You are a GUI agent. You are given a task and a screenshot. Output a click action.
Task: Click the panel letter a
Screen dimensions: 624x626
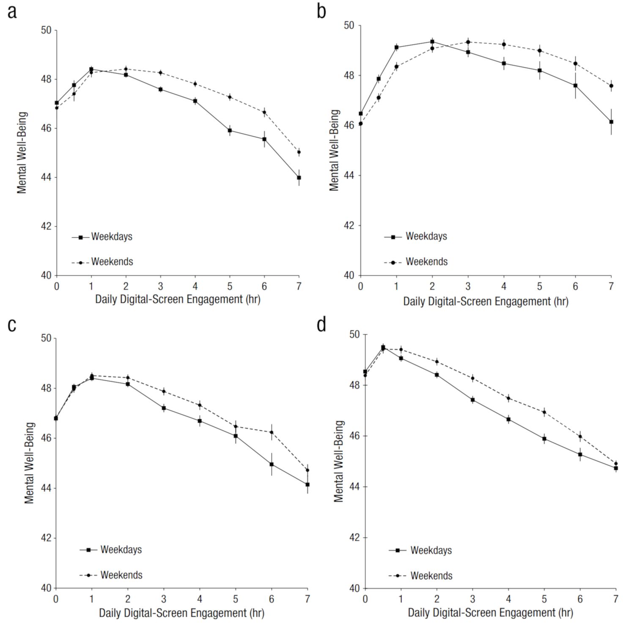click(x=12, y=12)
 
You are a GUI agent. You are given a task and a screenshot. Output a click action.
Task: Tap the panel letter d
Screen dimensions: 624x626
click(x=322, y=325)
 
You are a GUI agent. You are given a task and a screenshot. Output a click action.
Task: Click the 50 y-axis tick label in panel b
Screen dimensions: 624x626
click(x=350, y=26)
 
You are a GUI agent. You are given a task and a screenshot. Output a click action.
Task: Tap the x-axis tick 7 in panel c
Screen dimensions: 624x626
click(x=308, y=599)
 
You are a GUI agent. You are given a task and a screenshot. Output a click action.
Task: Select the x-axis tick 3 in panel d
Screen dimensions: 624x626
click(x=472, y=599)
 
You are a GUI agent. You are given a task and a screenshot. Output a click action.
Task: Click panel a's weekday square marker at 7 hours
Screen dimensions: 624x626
click(x=299, y=178)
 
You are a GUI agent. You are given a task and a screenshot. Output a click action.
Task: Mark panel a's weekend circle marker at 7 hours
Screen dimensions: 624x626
click(x=299, y=152)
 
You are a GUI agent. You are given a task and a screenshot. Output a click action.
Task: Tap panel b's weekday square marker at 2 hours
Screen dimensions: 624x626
click(x=432, y=41)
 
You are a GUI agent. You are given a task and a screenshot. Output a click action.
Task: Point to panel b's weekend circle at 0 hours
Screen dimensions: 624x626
click(x=361, y=124)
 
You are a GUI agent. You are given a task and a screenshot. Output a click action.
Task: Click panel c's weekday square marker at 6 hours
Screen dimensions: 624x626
click(x=272, y=464)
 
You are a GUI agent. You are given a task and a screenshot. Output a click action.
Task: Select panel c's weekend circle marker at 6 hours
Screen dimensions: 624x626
click(x=272, y=432)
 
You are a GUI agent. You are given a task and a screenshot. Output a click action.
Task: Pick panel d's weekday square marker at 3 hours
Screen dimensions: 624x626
click(x=472, y=400)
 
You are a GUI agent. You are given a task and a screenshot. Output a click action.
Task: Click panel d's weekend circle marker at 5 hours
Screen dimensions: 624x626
click(x=544, y=412)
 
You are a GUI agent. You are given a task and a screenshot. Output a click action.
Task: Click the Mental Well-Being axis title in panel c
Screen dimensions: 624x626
click(x=29, y=463)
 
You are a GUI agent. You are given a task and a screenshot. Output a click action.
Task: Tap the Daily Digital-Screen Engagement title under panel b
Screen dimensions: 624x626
click(x=486, y=302)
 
